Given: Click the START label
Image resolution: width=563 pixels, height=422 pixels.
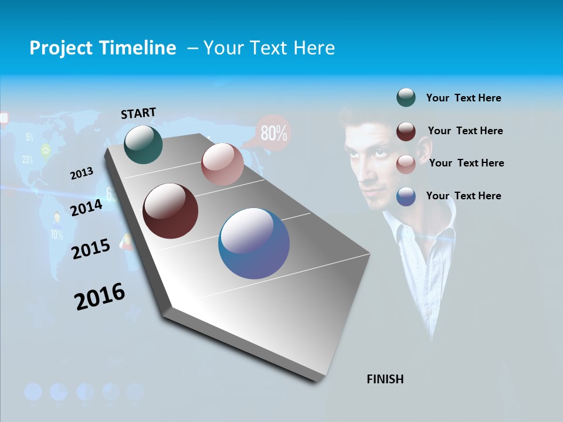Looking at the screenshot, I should [x=138, y=113].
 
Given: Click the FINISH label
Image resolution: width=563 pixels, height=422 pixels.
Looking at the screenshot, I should [x=385, y=379].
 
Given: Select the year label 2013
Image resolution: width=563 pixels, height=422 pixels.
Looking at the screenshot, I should [x=82, y=173].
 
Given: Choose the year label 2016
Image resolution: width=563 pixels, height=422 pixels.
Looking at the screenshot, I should [x=100, y=297].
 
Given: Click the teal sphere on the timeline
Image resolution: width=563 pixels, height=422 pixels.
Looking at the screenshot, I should [x=143, y=144].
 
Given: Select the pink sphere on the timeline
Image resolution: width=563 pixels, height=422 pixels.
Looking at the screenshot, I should [x=222, y=164].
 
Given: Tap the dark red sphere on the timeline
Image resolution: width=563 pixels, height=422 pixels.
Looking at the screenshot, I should [x=170, y=211].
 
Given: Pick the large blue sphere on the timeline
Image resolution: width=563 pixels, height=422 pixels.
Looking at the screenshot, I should [x=253, y=243].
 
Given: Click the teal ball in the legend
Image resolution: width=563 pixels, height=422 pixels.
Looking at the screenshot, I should [x=406, y=98].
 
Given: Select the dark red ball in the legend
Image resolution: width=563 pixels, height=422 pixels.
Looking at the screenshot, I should [x=406, y=131].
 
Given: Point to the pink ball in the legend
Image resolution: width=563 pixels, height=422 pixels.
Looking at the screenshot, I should [x=406, y=164].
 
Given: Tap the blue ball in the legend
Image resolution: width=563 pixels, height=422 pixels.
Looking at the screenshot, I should [x=406, y=196].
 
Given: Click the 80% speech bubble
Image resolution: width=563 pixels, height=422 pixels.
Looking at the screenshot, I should [x=273, y=133].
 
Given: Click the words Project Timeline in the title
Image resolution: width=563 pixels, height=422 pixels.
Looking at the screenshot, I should [x=103, y=48].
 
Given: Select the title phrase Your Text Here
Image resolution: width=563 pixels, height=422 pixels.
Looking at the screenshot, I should [x=269, y=48].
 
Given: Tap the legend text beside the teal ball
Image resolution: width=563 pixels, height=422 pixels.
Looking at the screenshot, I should [x=463, y=98].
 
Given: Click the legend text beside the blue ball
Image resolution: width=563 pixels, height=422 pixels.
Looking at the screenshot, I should [x=463, y=196].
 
